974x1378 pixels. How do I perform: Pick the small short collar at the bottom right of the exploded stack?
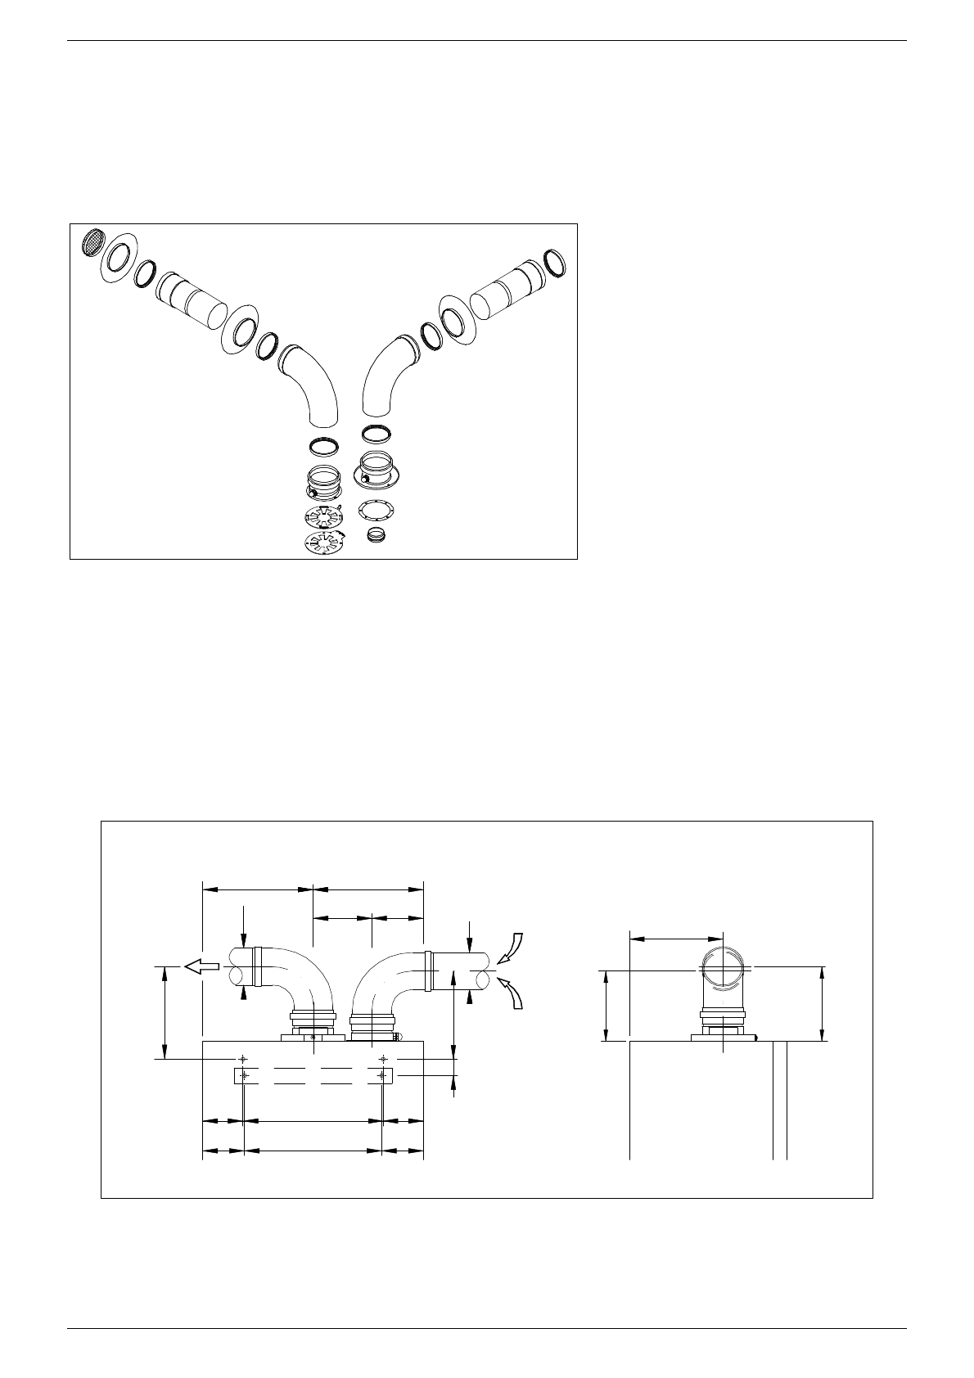point(377,536)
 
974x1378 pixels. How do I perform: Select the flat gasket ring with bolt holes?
point(377,510)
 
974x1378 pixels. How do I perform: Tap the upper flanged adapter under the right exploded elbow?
point(377,471)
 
